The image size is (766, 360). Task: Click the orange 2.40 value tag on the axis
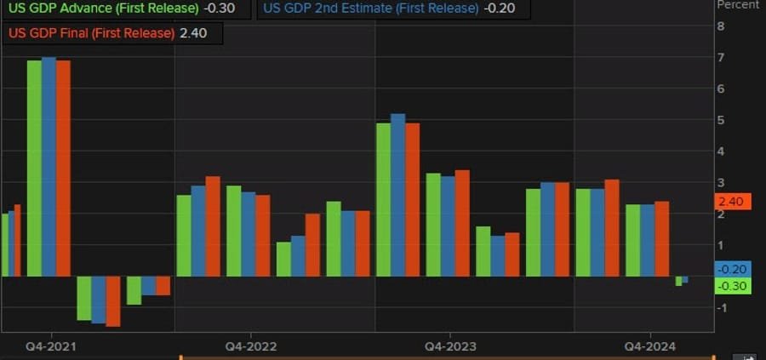(x=731, y=202)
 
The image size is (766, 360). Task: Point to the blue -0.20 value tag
(x=731, y=269)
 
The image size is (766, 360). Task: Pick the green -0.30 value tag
(x=731, y=286)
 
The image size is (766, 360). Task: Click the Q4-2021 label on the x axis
(x=50, y=346)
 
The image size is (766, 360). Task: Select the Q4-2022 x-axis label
(x=250, y=346)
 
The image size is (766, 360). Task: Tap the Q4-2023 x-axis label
(x=450, y=346)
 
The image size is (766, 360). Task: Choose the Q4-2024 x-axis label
(x=650, y=346)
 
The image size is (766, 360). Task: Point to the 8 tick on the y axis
(x=720, y=26)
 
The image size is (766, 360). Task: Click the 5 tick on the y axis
(x=720, y=120)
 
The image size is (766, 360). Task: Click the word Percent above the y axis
(x=737, y=5)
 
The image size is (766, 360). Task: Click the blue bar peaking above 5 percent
(x=397, y=195)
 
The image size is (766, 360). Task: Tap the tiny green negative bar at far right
(x=679, y=281)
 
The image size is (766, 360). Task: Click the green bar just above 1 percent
(x=283, y=260)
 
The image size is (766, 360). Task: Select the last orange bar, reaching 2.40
(x=662, y=239)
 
